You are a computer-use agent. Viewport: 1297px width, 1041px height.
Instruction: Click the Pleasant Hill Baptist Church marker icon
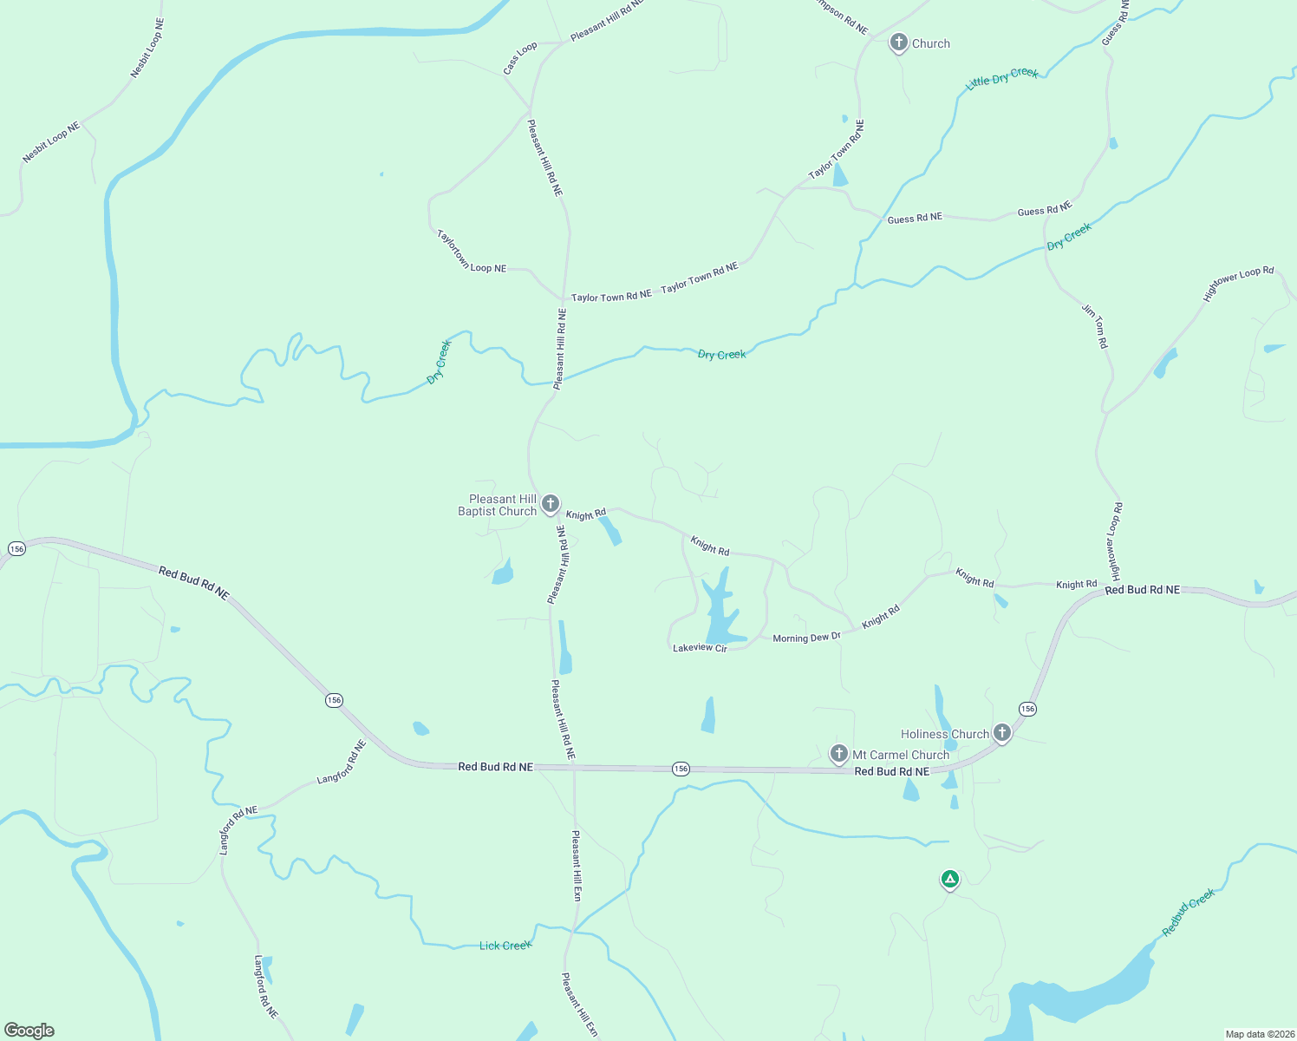pyautogui.click(x=550, y=504)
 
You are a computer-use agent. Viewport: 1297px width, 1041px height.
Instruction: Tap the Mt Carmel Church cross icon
pyautogui.click(x=838, y=753)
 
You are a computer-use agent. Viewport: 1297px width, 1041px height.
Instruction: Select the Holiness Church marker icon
pyautogui.click(x=1001, y=733)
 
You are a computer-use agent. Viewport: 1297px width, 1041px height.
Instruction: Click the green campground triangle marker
pyautogui.click(x=950, y=880)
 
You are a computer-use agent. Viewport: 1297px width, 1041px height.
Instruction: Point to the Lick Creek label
pyautogui.click(x=505, y=946)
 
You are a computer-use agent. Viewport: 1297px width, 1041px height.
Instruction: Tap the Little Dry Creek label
pyautogui.click(x=1001, y=78)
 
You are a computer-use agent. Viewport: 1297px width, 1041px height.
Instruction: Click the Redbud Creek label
pyautogui.click(x=1189, y=911)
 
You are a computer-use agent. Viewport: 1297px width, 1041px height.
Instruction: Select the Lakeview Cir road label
pyautogui.click(x=700, y=648)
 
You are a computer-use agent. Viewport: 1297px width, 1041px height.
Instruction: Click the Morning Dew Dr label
pyautogui.click(x=806, y=638)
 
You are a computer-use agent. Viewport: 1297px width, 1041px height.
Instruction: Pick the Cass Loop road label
pyautogui.click(x=520, y=58)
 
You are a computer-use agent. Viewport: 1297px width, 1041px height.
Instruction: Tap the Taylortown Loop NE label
pyautogui.click(x=470, y=252)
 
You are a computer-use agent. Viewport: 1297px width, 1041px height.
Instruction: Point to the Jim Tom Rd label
pyautogui.click(x=1094, y=326)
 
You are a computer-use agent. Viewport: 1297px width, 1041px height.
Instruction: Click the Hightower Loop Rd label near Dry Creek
pyautogui.click(x=1238, y=283)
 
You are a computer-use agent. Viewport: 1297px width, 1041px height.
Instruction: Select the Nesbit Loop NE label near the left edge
pyautogui.click(x=51, y=142)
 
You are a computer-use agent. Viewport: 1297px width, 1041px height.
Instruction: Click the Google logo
pyautogui.click(x=29, y=1031)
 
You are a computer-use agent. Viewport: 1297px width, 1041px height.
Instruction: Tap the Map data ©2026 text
pyautogui.click(x=1257, y=1034)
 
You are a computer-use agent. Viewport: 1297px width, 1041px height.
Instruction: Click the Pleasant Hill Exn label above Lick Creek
pyautogui.click(x=577, y=865)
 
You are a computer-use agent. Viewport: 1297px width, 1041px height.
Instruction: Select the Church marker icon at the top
pyautogui.click(x=899, y=43)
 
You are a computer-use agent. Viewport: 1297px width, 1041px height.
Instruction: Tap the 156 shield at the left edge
pyautogui.click(x=16, y=548)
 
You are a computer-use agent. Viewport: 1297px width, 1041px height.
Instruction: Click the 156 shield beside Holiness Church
pyautogui.click(x=1027, y=709)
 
